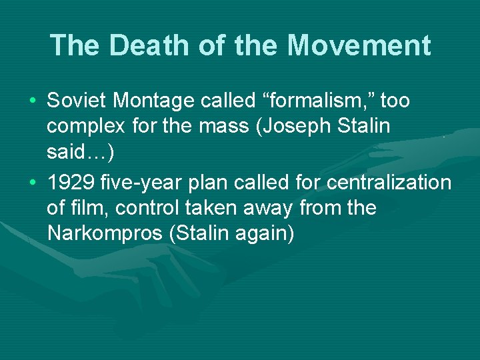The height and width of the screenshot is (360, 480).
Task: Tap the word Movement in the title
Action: pos(359,46)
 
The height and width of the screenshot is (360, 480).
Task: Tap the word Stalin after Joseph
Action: pos(366,127)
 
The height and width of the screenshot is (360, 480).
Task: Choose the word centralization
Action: pos(389,183)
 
